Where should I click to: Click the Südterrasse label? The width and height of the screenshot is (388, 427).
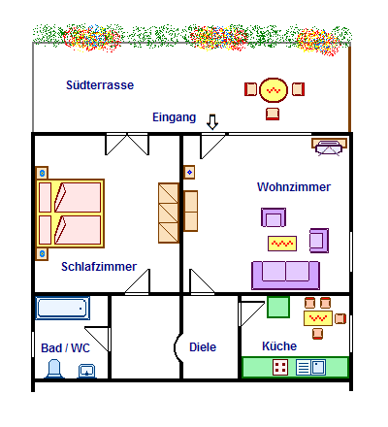(100, 85)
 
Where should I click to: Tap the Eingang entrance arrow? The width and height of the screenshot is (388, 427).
(212, 121)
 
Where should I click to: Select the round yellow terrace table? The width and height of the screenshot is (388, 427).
(274, 90)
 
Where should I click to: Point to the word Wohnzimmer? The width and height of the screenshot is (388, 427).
(294, 187)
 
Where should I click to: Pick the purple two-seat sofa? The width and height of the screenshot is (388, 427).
(286, 276)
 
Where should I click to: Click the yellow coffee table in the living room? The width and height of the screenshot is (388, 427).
(282, 244)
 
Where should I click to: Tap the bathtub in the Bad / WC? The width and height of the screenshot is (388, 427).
(62, 308)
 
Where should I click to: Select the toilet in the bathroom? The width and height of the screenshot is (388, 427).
(54, 369)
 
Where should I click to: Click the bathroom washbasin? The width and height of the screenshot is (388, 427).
(86, 371)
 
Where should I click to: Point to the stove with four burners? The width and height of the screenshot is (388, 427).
(280, 368)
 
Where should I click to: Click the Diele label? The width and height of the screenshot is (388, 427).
(203, 347)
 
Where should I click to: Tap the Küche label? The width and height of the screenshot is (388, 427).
(279, 346)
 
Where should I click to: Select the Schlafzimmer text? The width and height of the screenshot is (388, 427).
(99, 267)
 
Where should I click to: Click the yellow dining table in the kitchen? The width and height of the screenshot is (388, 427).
(318, 318)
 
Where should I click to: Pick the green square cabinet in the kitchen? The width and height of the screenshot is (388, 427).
(278, 307)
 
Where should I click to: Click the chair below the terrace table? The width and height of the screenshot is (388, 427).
(273, 114)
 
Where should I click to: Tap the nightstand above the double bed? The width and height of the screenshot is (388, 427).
(42, 173)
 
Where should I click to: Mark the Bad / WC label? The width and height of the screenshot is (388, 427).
(65, 348)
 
